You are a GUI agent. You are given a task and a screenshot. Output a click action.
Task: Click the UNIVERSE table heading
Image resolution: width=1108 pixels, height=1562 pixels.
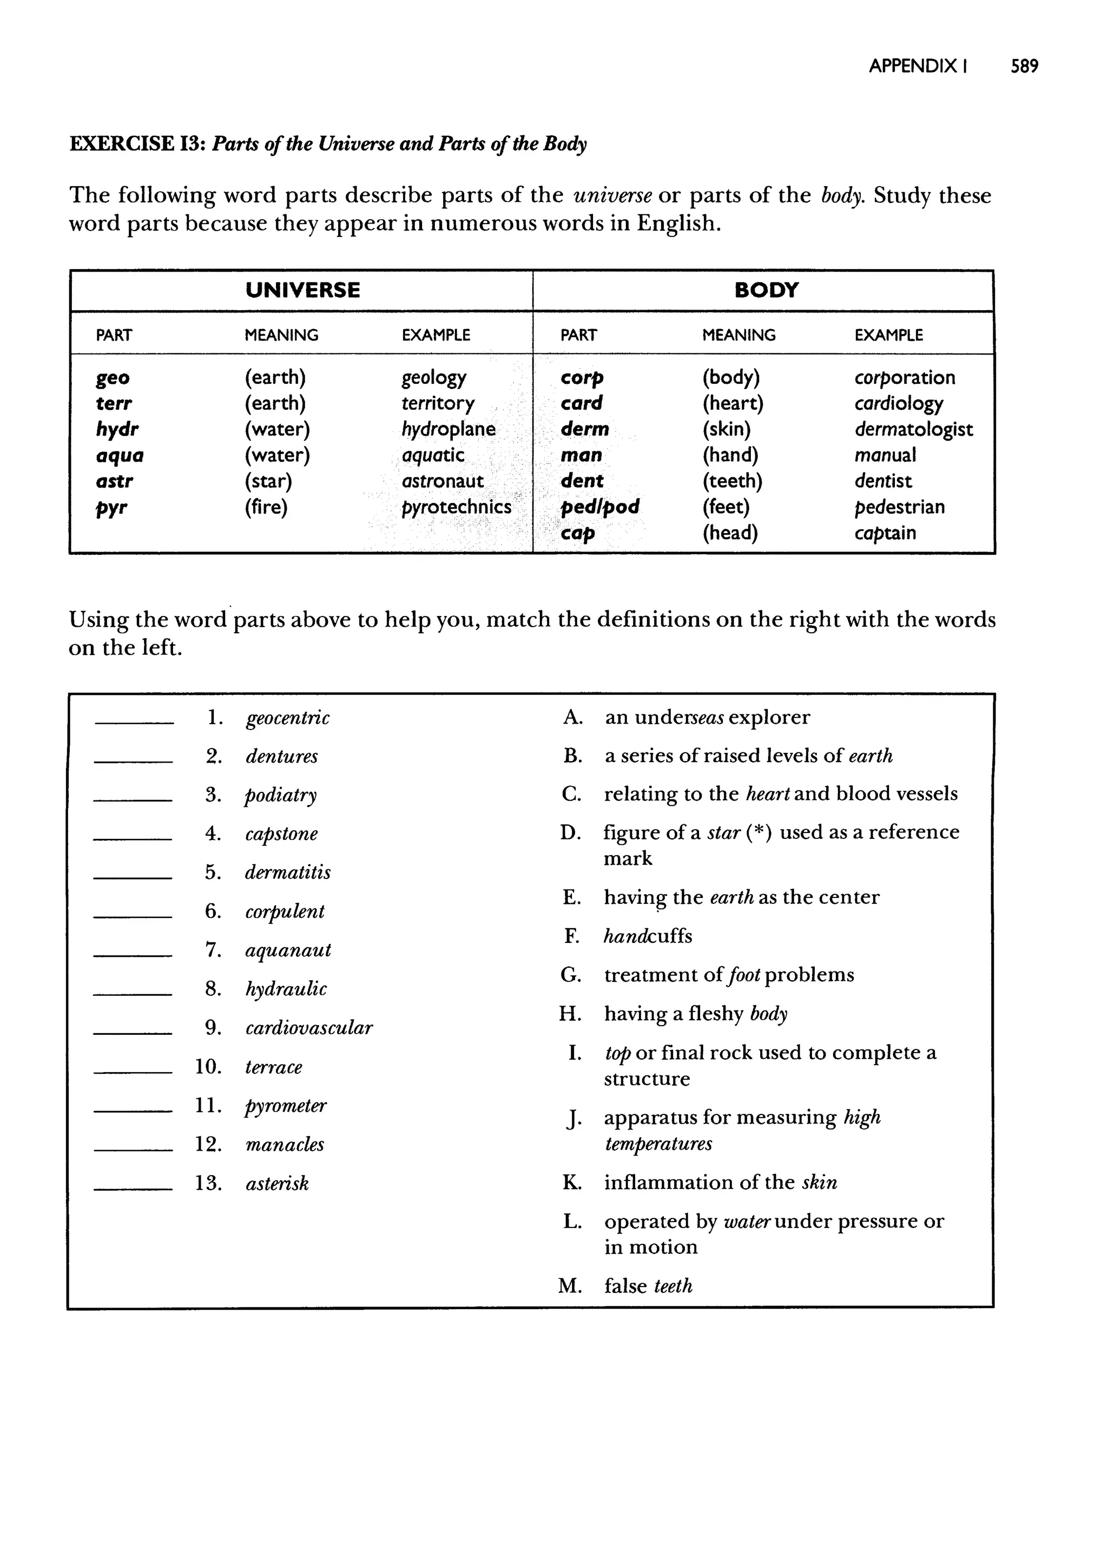302,290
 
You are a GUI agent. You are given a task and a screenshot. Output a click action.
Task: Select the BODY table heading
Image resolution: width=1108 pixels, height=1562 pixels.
766,290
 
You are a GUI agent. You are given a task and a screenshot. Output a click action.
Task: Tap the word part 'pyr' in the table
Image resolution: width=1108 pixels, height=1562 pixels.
111,508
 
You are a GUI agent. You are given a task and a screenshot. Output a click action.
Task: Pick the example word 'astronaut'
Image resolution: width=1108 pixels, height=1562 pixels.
442,481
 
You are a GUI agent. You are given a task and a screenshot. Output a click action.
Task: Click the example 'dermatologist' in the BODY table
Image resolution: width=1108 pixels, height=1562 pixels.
913,429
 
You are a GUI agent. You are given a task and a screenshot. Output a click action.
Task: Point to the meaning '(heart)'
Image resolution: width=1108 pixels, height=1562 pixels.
733,403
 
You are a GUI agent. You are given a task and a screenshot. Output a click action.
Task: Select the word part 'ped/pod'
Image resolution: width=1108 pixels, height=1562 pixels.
599,507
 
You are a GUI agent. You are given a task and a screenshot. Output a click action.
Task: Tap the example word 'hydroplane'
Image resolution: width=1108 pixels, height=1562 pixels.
449,429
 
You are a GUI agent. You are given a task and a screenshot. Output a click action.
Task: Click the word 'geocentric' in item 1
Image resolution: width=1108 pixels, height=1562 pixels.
287,718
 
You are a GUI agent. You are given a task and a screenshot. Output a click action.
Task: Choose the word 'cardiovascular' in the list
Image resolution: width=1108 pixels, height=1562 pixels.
308,1028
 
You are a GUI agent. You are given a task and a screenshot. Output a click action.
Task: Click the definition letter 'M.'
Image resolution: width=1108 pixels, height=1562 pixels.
570,1287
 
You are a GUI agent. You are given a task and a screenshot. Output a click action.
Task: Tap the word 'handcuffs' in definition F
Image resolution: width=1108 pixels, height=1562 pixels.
648,936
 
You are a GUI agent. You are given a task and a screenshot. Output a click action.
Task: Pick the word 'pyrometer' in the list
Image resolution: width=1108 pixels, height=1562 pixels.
286,1106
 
